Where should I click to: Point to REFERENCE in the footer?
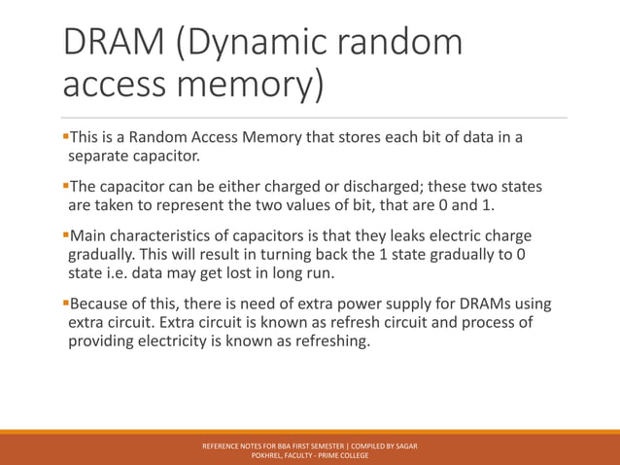223,446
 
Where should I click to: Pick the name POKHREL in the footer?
266,455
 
